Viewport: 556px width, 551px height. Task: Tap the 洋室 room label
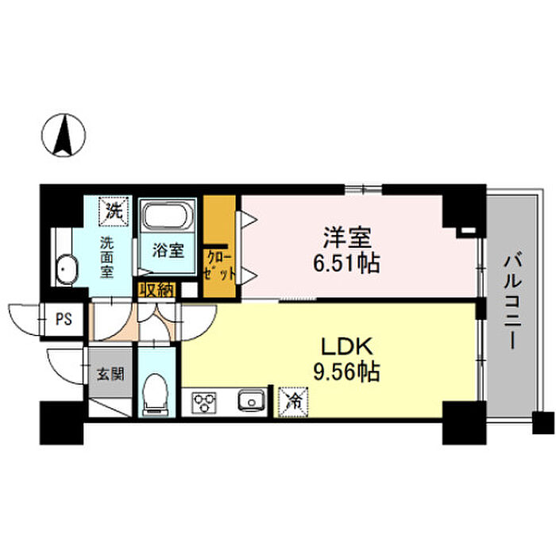click(x=347, y=238)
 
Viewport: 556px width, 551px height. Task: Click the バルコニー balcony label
click(x=512, y=301)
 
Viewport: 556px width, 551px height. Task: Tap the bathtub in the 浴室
click(x=165, y=218)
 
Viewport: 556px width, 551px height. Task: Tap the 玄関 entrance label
click(x=110, y=373)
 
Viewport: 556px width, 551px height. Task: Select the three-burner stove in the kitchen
click(x=206, y=401)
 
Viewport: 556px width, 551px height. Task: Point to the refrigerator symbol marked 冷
click(x=292, y=401)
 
